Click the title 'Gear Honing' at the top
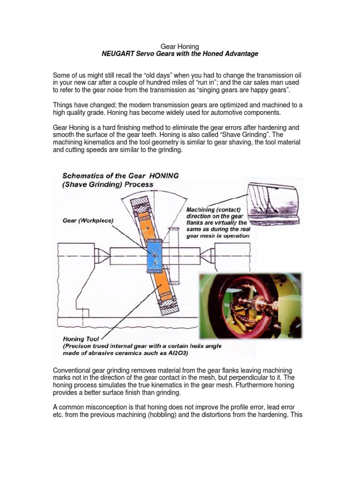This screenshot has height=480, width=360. coord(180,46)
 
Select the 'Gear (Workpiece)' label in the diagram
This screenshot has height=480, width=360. coord(88,220)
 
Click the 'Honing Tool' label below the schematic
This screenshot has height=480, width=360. coord(81,338)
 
